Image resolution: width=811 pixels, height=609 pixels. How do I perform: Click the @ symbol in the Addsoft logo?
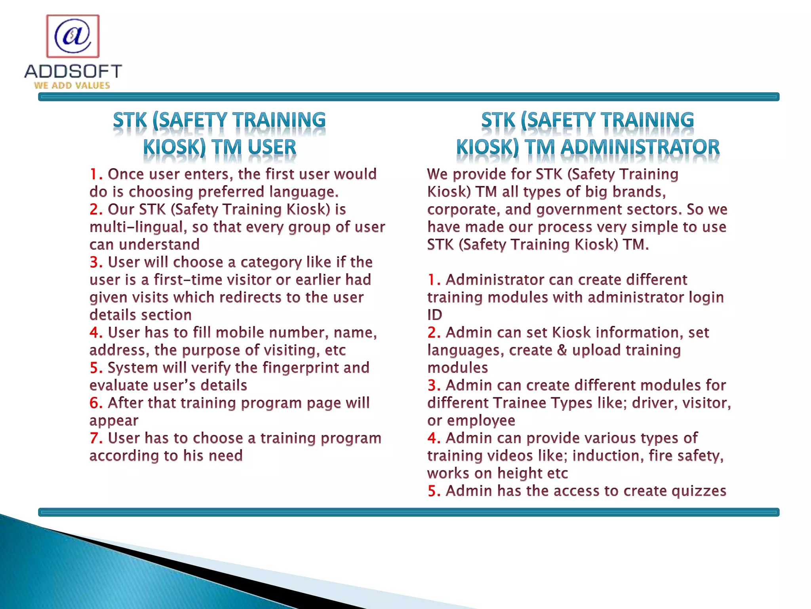coord(73,36)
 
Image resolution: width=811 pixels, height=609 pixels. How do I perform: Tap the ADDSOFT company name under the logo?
coord(73,72)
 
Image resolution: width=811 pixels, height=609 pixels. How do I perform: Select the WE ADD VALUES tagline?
coord(72,85)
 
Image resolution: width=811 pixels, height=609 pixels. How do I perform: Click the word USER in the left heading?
coord(272,147)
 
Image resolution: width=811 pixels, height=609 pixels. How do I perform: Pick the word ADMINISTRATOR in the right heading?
coord(640,147)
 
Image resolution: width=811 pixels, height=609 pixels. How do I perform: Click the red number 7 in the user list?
coord(95,438)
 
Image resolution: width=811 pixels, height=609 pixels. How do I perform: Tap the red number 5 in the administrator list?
coord(434,491)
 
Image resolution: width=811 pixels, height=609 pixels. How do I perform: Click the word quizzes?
coord(699,491)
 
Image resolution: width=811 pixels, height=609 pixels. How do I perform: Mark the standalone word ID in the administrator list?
coord(435,315)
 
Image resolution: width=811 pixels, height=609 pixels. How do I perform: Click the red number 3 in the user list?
coord(95,262)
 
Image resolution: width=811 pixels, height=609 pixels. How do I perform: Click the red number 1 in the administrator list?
coord(434,280)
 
